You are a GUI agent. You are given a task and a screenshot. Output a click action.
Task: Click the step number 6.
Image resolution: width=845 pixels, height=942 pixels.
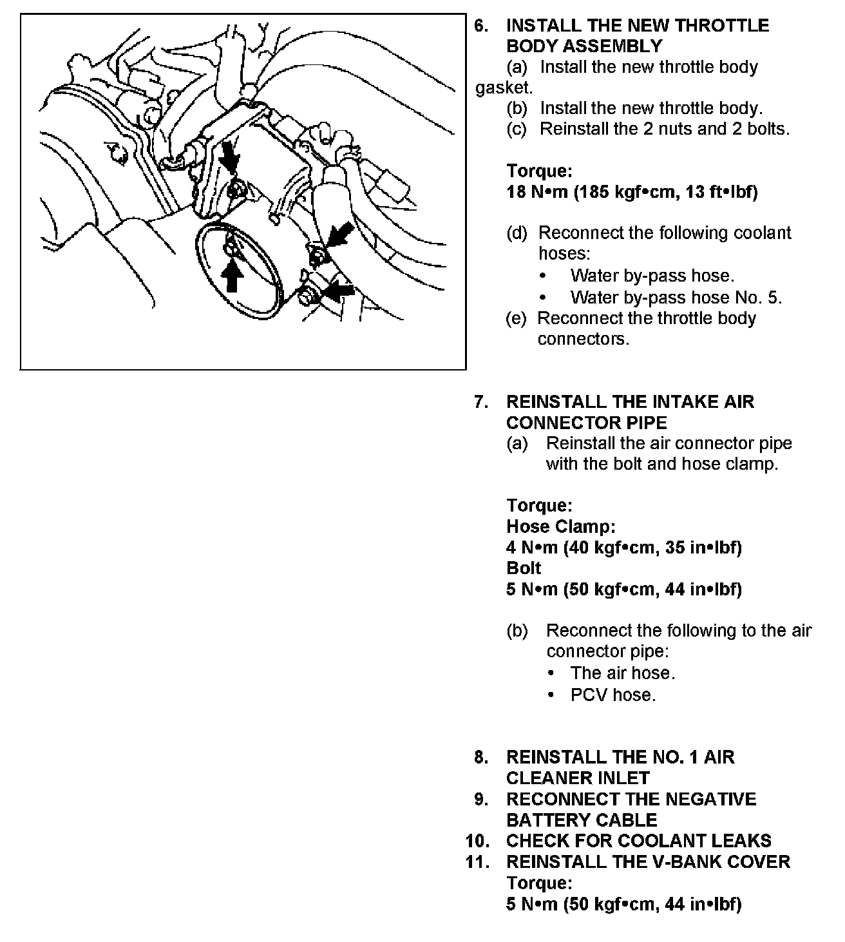coord(480,26)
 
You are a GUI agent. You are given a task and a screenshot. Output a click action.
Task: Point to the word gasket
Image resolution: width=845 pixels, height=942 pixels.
coord(504,88)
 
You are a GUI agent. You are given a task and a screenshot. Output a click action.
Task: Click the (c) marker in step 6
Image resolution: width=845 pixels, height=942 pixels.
coord(517,129)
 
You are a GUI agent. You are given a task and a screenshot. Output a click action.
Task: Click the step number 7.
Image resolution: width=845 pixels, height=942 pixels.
coord(480,402)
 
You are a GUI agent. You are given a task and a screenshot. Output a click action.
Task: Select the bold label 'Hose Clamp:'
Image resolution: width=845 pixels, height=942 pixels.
coord(561,527)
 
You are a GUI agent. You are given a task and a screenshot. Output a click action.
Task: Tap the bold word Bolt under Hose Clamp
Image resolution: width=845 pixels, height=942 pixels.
coord(524,568)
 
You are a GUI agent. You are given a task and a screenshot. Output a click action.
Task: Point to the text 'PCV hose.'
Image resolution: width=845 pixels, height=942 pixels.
coord(612,695)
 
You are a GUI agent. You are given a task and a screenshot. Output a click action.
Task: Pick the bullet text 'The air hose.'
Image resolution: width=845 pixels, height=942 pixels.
coord(622,673)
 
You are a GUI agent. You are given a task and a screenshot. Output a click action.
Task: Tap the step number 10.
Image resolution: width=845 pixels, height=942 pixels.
coord(477,841)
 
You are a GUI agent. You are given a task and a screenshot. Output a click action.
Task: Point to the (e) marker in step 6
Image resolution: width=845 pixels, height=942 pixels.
coord(516,318)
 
